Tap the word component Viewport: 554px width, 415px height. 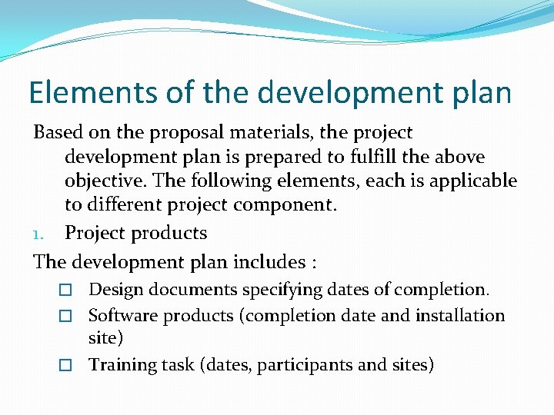(x=292, y=205)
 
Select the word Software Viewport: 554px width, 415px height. (x=119, y=316)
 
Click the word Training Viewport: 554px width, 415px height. (x=120, y=365)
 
